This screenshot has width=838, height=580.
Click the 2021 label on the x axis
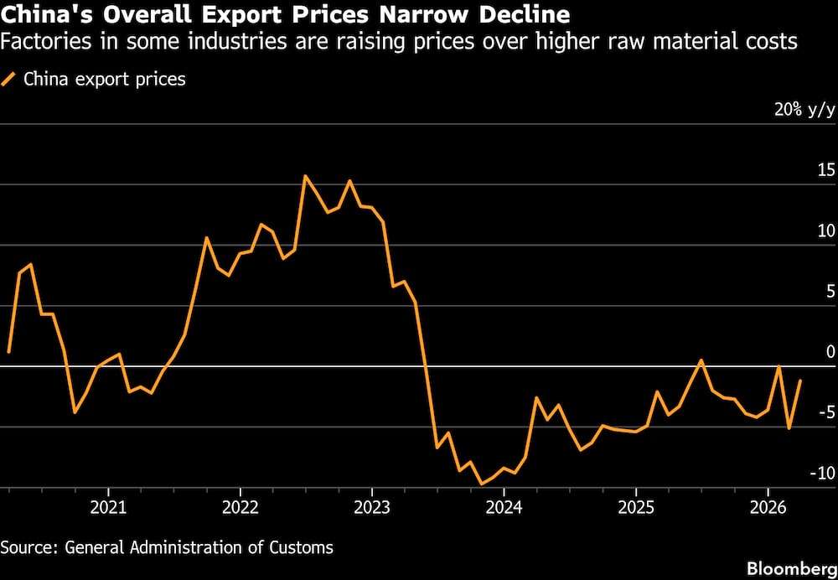click(108, 507)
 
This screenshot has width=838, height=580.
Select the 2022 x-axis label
click(240, 507)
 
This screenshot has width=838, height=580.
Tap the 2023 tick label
click(371, 507)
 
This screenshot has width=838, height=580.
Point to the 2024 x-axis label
click(503, 507)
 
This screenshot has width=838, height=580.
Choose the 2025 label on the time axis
click(635, 507)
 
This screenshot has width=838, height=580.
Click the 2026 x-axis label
click(767, 507)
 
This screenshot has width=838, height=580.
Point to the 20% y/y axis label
click(804, 111)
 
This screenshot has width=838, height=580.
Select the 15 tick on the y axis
click(826, 171)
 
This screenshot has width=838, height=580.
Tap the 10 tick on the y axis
click(826, 231)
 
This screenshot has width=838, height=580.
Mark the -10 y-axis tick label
click(820, 473)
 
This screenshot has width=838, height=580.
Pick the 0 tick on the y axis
click(830, 352)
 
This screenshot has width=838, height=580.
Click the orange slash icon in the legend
click(10, 80)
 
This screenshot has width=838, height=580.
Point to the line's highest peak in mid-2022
click(305, 176)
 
